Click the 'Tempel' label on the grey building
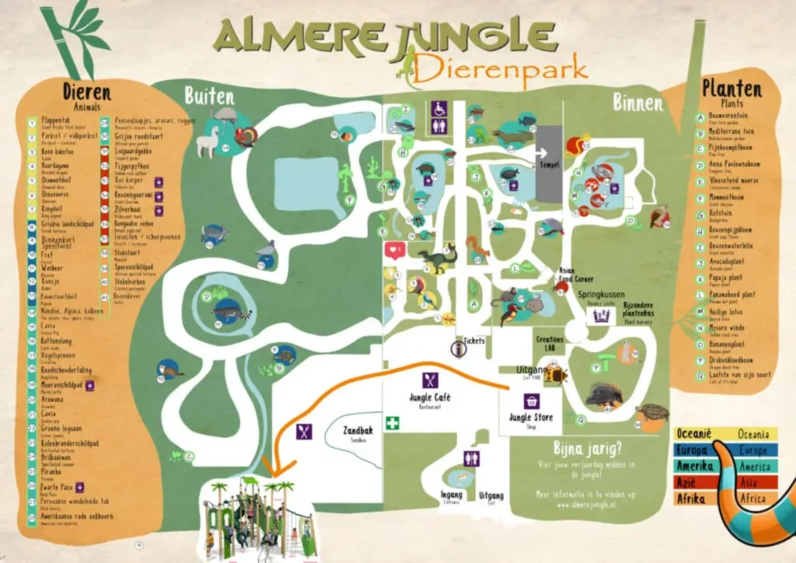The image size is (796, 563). point(549,165)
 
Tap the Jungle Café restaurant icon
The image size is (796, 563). point(430,380)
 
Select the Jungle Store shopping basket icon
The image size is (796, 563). point(532,400)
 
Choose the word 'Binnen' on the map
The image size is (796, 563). point(637,102)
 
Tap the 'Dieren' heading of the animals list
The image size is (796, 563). point(86,92)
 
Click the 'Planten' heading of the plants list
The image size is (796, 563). point(731,88)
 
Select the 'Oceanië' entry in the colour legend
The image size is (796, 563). point(693,434)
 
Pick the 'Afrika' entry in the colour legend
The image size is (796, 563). point(690,499)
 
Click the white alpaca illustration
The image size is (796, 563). point(208,142)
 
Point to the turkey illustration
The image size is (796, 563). point(246,137)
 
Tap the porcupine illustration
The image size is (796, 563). point(602,395)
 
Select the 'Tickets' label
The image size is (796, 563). point(474,341)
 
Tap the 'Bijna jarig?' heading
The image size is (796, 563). point(588,449)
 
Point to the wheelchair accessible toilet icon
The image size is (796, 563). point(438,109)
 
